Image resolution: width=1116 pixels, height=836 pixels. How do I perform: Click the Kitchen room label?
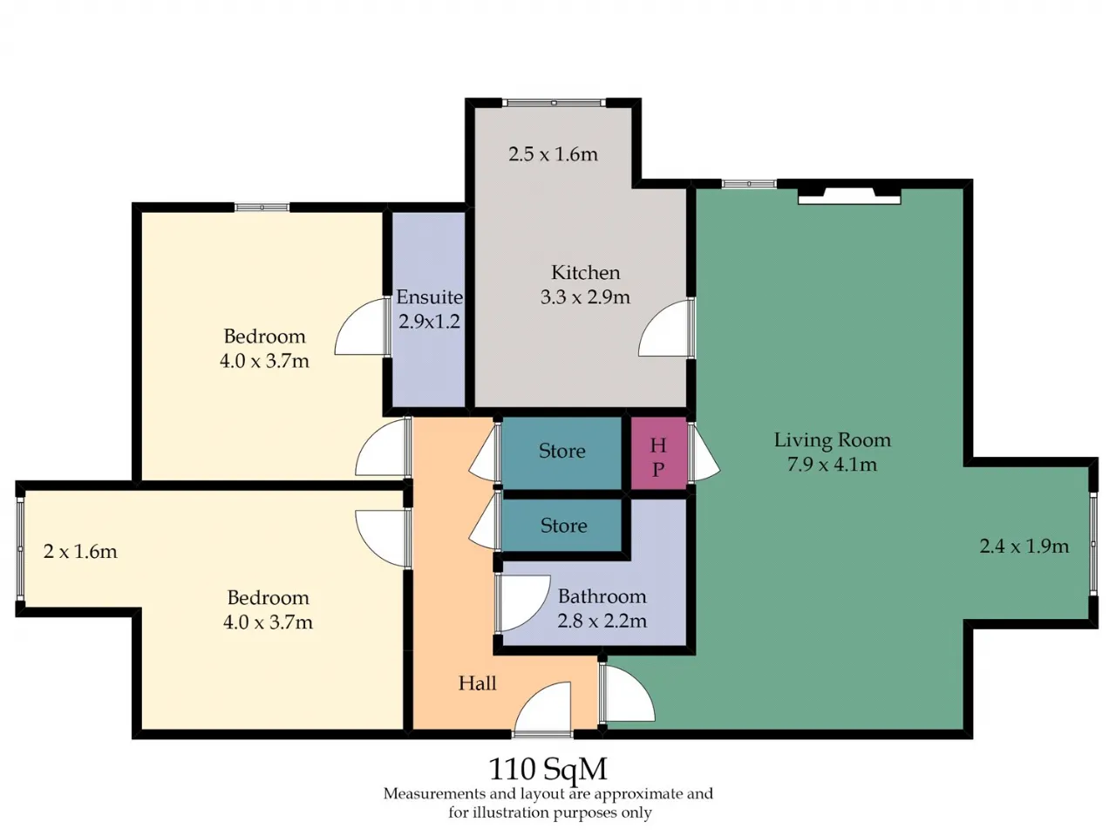pyautogui.click(x=585, y=273)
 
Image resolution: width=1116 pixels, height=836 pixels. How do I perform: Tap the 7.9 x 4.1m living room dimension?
pyautogui.click(x=832, y=465)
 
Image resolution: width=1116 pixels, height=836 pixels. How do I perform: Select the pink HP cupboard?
pyautogui.click(x=659, y=453)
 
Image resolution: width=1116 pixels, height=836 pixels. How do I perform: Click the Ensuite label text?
pyautogui.click(x=429, y=297)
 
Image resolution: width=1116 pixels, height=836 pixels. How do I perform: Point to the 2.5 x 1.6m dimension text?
pyautogui.click(x=553, y=154)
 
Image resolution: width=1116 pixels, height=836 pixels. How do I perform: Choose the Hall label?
pyautogui.click(x=477, y=683)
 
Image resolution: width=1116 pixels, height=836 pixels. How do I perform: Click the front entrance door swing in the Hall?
pyautogui.click(x=542, y=707)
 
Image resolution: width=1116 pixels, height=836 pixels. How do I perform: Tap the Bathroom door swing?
pyautogui.click(x=524, y=602)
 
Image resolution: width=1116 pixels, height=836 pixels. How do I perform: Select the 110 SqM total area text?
pyautogui.click(x=548, y=769)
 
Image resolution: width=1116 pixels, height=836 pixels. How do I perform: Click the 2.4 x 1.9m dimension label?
pyautogui.click(x=1024, y=547)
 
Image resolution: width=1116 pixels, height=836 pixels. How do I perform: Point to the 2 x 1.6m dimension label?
pyautogui.click(x=80, y=552)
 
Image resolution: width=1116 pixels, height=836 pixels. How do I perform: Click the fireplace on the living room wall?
pyautogui.click(x=849, y=196)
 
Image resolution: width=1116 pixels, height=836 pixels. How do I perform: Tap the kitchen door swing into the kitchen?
pyautogui.click(x=666, y=329)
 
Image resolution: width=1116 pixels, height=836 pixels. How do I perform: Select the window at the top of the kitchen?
pyautogui.click(x=555, y=103)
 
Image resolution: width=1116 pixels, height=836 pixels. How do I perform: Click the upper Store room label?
pyautogui.click(x=561, y=451)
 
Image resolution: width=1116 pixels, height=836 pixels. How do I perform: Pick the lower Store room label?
pyautogui.click(x=563, y=526)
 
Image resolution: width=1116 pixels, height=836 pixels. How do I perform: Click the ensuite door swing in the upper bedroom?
pyautogui.click(x=361, y=326)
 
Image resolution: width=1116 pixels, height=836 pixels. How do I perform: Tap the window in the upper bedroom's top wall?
pyautogui.click(x=262, y=207)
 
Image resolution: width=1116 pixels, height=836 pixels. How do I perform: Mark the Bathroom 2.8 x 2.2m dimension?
pyautogui.click(x=602, y=621)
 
